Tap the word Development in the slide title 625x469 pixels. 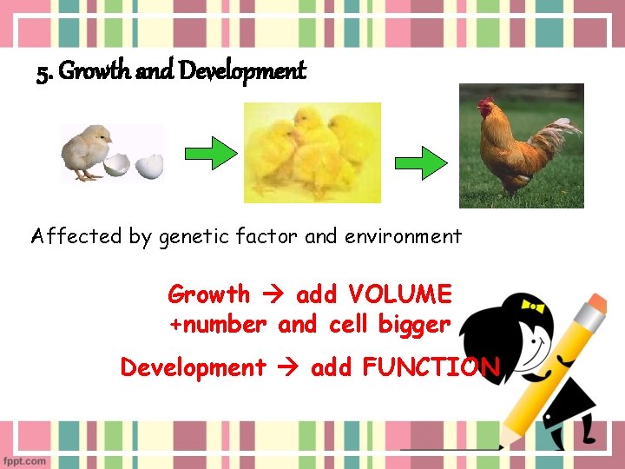(242, 72)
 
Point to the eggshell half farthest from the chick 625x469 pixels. (152, 164)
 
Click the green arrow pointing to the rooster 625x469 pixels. (420, 162)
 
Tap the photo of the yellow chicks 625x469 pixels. (312, 153)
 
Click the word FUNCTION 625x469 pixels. (431, 367)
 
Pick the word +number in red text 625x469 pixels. (217, 325)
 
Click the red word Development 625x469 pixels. (193, 367)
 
